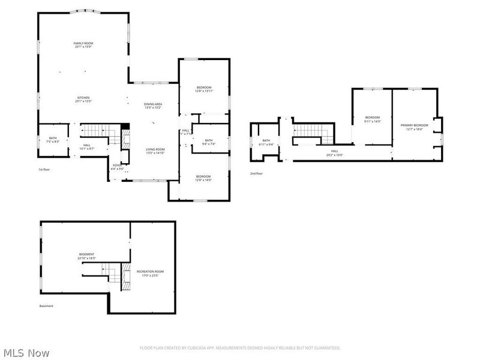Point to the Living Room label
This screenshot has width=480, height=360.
coord(155,151)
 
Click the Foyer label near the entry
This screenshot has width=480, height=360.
coord(116,167)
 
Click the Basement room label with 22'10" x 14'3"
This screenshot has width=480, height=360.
coord(86,256)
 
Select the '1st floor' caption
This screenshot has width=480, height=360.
coord(44,170)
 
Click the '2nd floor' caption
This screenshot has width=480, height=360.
coord(257,174)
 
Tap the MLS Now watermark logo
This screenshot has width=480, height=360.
coord(26,353)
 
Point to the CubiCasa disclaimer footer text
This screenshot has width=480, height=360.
coord(240,347)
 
